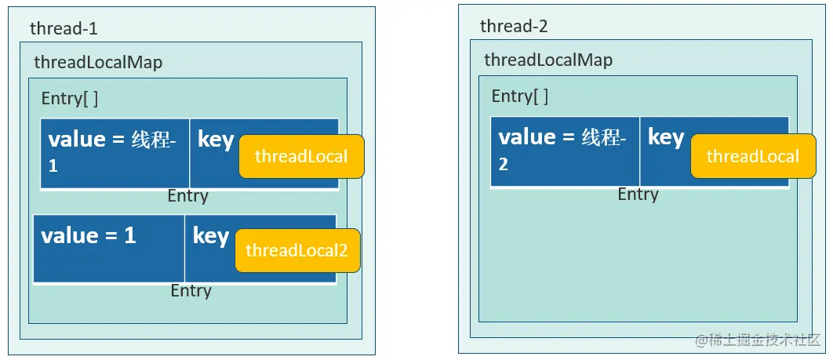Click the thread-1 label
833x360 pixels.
tap(64, 29)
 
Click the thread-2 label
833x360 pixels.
tap(514, 27)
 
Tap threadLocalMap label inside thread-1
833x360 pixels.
tap(98, 63)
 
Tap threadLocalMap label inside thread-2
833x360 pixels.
tap(548, 60)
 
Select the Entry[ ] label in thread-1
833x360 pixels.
tap(69, 100)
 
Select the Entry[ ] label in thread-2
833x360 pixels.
tap(519, 96)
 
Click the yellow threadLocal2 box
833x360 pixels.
tap(297, 250)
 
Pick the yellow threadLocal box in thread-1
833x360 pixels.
tap(301, 156)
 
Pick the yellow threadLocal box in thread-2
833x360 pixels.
tap(752, 156)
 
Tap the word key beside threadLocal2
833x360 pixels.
tap(210, 236)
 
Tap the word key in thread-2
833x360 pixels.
tap(666, 137)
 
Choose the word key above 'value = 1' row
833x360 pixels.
tap(215, 140)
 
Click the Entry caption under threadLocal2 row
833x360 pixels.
tap(191, 291)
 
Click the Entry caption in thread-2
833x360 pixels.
tap(638, 194)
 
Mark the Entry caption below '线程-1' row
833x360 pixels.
tap(187, 196)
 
